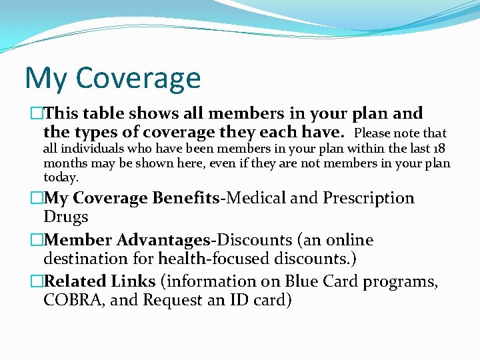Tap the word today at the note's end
coord(60,177)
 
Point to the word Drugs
coord(66,217)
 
